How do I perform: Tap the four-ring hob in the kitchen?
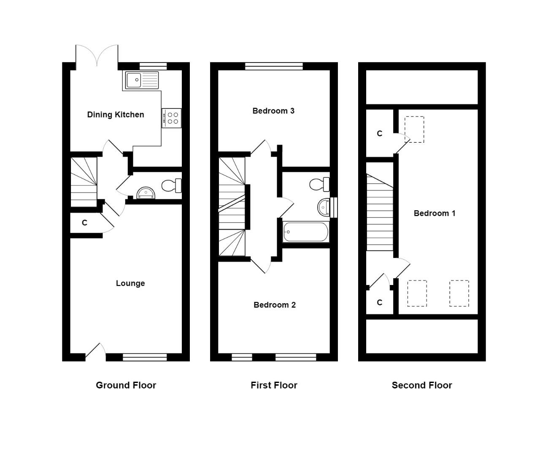(x=172, y=118)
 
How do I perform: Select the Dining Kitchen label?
(x=115, y=115)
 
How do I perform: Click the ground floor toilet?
(x=172, y=185)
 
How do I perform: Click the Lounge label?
(x=130, y=283)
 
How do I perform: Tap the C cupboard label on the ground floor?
(x=84, y=223)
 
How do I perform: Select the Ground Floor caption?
(x=126, y=385)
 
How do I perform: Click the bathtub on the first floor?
(x=305, y=232)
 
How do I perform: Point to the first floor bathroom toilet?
(x=319, y=185)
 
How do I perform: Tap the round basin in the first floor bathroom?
(x=324, y=207)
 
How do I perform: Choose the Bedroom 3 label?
(x=273, y=111)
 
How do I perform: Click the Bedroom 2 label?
(x=274, y=305)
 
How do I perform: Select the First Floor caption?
(x=274, y=385)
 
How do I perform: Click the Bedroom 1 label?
(x=435, y=213)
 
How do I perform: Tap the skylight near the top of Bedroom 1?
(x=414, y=129)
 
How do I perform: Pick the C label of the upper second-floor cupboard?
(x=380, y=133)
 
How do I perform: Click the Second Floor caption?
(x=422, y=385)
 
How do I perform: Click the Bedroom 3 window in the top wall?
(x=274, y=66)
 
